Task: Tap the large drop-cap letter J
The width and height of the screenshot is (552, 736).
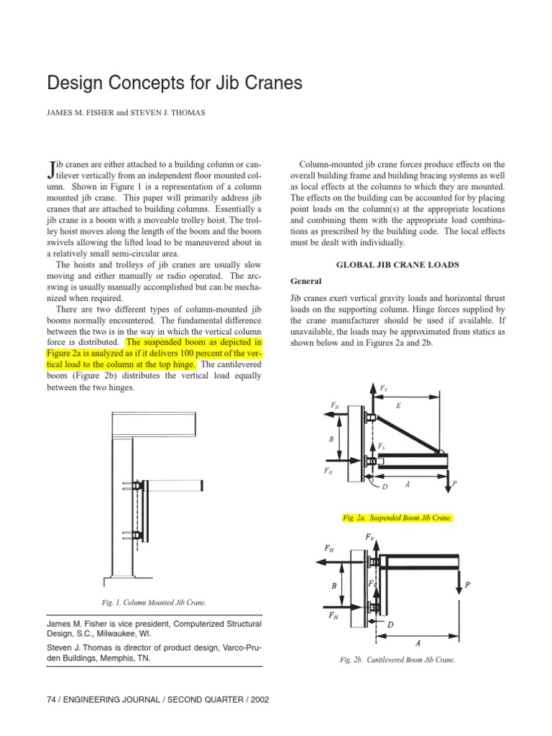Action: coord(50,170)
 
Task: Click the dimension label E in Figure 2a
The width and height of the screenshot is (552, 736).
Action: coord(398,406)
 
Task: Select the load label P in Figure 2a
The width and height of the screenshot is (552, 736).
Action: coord(454,487)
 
